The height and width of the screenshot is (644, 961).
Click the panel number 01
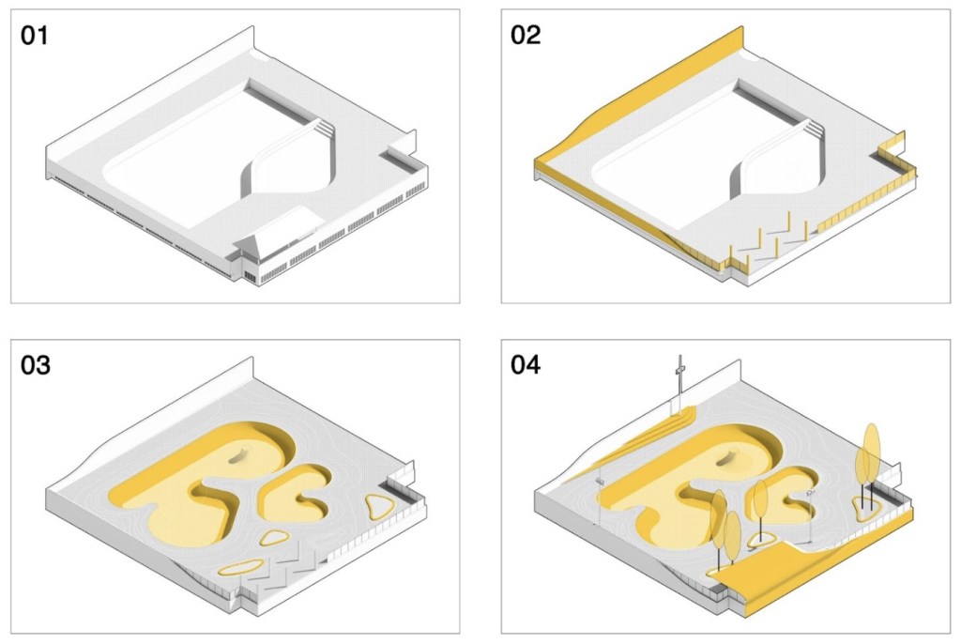click(x=35, y=36)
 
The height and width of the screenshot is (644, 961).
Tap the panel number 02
click(x=526, y=36)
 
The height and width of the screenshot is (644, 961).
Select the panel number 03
click(x=36, y=365)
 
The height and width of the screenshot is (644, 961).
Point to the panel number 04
click(x=526, y=365)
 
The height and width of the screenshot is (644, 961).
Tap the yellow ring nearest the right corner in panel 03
click(x=380, y=507)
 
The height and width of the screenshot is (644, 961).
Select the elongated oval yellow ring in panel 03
click(x=242, y=567)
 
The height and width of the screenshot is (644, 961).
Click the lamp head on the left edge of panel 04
click(x=600, y=483)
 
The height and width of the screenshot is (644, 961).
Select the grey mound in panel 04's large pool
click(x=730, y=455)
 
